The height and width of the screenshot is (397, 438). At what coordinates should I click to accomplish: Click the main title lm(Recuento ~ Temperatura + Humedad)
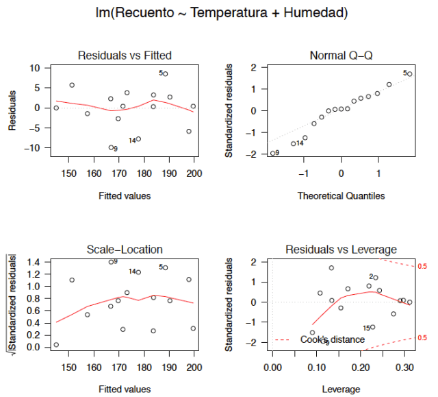[x=218, y=13]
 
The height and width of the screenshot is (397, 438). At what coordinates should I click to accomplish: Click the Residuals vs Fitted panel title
[x=125, y=55]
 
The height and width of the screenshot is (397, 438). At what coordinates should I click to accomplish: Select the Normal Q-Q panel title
[x=341, y=55]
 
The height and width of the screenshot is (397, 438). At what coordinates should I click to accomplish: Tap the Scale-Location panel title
[x=125, y=250]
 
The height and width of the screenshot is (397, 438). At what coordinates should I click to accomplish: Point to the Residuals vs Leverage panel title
[x=341, y=250]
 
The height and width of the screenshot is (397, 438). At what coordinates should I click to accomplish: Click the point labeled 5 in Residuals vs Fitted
[x=166, y=73]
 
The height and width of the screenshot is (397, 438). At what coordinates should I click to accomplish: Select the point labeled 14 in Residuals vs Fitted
[x=138, y=139]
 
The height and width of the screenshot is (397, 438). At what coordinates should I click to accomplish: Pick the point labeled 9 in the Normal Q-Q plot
[x=271, y=153]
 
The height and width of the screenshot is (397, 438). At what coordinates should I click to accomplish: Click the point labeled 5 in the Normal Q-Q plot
[x=409, y=73]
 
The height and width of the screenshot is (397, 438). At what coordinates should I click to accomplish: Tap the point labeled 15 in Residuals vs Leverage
[x=372, y=327]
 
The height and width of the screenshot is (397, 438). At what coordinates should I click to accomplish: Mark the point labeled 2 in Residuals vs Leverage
[x=375, y=278]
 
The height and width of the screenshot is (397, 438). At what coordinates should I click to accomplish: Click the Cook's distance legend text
[x=333, y=339]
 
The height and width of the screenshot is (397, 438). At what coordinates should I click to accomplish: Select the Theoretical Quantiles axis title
[x=341, y=196]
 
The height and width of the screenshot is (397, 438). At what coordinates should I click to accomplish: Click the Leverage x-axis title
[x=341, y=389]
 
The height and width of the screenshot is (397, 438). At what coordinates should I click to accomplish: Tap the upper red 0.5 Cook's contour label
[x=422, y=265]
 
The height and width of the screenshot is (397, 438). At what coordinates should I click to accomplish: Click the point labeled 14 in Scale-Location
[x=138, y=272]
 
